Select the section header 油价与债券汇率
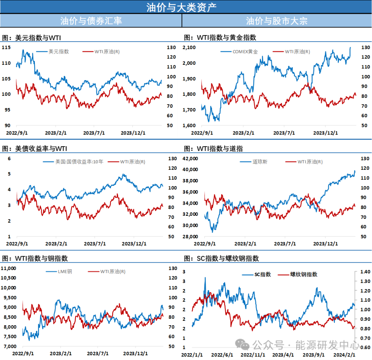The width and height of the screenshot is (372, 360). click(x=91, y=21)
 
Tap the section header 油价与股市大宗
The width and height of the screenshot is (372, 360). click(x=277, y=21)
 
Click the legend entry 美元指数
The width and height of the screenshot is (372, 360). click(x=59, y=52)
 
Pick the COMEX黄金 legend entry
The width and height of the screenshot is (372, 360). click(x=245, y=52)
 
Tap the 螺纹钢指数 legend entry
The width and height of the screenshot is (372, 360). click(x=303, y=274)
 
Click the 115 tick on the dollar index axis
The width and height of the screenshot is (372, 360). click(x=6, y=47)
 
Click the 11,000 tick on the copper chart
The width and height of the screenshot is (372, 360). click(x=9, y=268)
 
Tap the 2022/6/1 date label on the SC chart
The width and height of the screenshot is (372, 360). click(x=222, y=355)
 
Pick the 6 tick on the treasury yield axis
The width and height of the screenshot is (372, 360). click(x=10, y=158)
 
